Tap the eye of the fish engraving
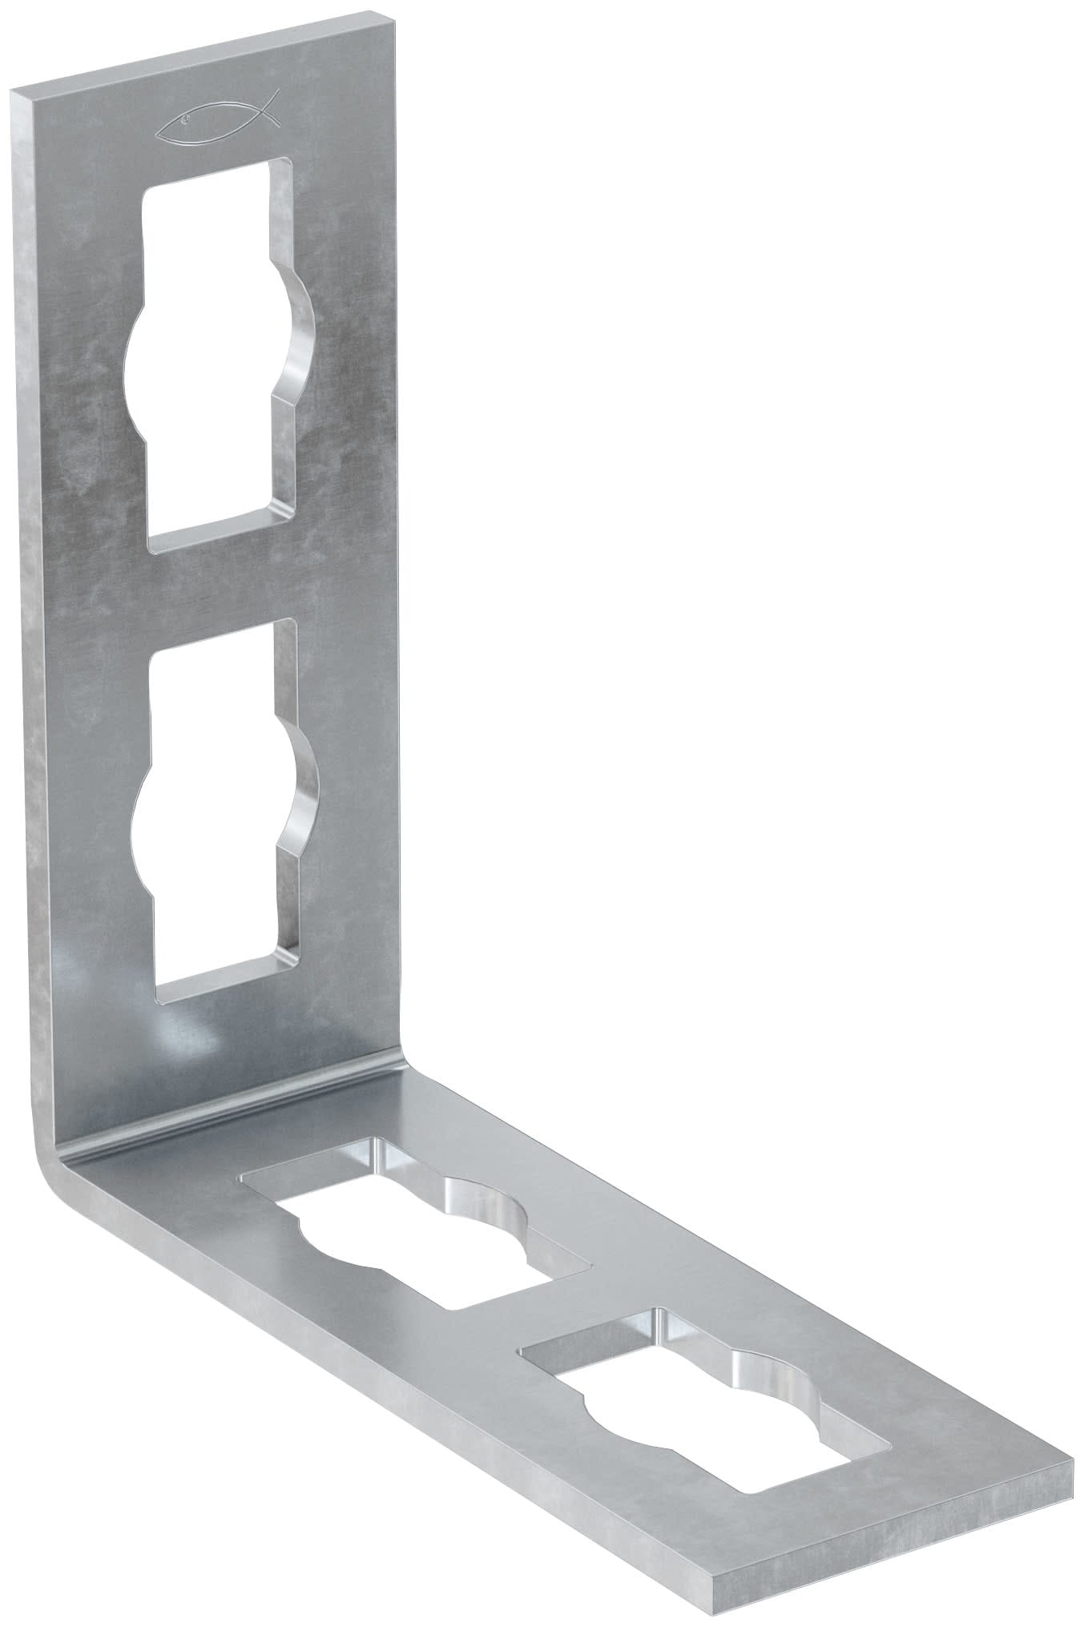coord(185,121)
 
